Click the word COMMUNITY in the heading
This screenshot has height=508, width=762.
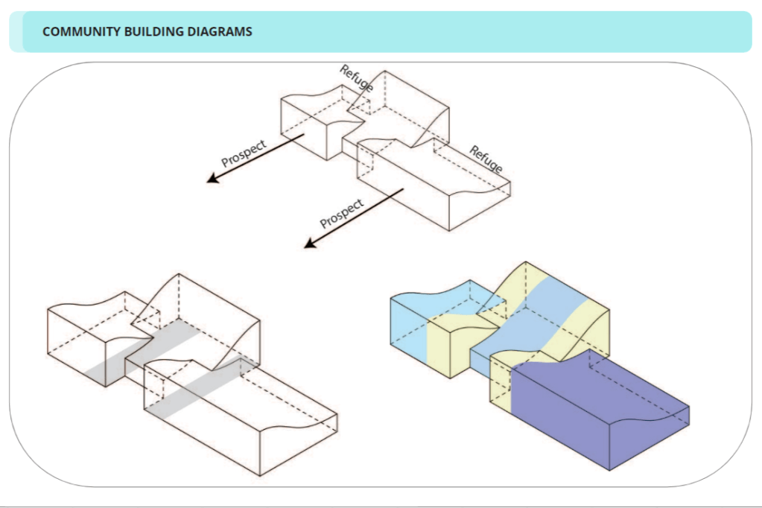click(77, 32)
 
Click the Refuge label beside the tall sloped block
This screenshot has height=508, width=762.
click(356, 78)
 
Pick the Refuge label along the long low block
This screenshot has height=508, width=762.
click(486, 159)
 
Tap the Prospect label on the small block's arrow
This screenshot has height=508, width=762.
click(244, 153)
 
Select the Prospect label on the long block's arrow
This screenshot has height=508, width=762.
click(342, 213)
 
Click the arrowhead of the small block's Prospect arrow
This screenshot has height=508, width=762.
click(213, 180)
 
